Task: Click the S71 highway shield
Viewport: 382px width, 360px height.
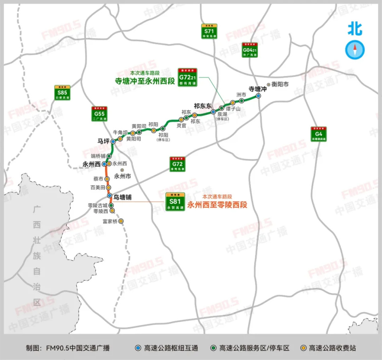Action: click(210, 31)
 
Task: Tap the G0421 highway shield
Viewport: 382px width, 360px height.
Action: click(250, 50)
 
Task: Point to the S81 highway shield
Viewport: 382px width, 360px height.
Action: click(175, 201)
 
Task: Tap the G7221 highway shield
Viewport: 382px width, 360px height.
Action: click(187, 76)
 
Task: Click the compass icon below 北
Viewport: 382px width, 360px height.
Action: click(355, 50)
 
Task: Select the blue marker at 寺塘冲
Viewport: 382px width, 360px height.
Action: click(258, 96)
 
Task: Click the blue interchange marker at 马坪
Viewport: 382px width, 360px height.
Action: click(113, 141)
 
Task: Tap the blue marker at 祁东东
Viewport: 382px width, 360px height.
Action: click(213, 112)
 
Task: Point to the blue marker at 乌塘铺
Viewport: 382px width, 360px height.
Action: click(109, 196)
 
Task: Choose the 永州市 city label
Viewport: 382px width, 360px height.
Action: click(123, 175)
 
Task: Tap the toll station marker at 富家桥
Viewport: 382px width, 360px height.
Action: click(121, 221)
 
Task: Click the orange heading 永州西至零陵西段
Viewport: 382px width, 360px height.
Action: click(217, 205)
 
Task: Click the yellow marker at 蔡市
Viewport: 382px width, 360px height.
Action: click(107, 179)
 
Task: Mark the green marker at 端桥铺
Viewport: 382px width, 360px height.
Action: click(109, 156)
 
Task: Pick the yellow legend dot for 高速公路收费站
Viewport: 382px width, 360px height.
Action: click(304, 348)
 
